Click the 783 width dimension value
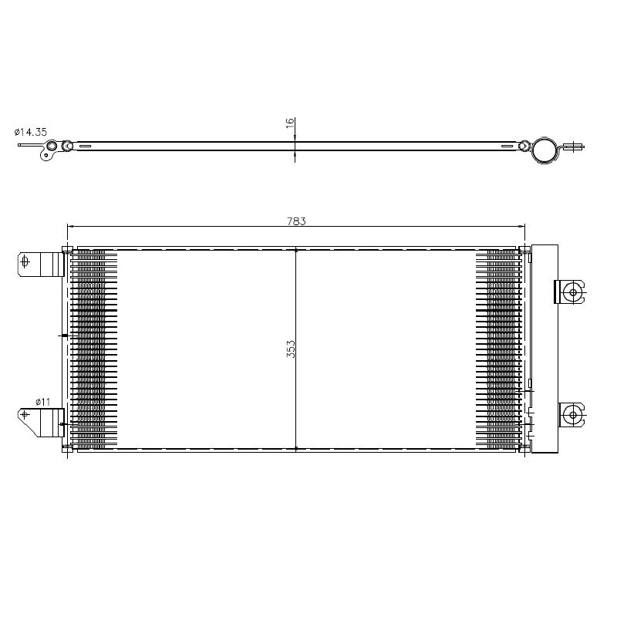coord(296,221)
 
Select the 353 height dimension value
coord(291,349)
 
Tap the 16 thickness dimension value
coord(290,123)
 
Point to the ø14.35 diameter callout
coord(31,132)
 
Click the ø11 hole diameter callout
coord(43,402)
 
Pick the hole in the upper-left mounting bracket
coord(25,261)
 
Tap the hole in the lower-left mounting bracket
coord(25,414)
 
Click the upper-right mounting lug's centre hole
coord(573,292)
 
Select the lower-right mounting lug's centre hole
coord(573,415)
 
